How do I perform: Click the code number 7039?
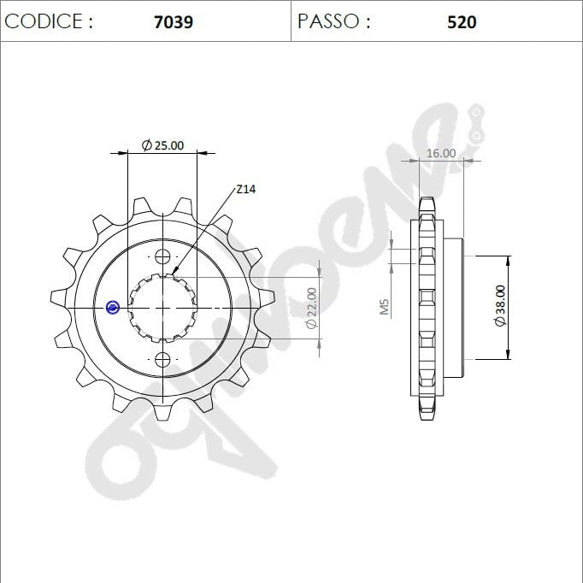pos(174,22)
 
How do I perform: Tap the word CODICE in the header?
pos(43,21)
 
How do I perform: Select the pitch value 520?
pos(462,22)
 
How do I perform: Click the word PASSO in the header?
pos(328,21)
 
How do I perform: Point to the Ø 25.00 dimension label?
pos(163,145)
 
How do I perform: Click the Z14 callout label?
pos(246,189)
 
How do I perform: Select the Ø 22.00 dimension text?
pos(311,308)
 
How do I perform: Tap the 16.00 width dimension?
pos(441,153)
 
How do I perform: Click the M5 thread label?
pos(385,307)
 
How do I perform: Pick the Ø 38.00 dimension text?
pos(500,306)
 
